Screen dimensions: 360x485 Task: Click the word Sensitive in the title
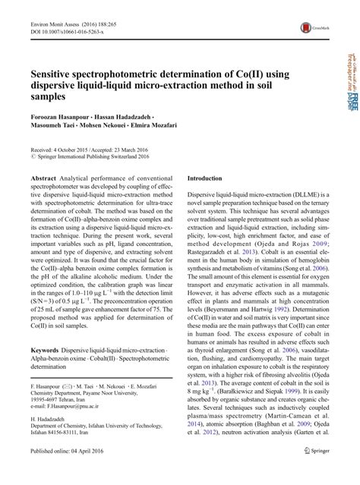pyautogui.click(x=63, y=77)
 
